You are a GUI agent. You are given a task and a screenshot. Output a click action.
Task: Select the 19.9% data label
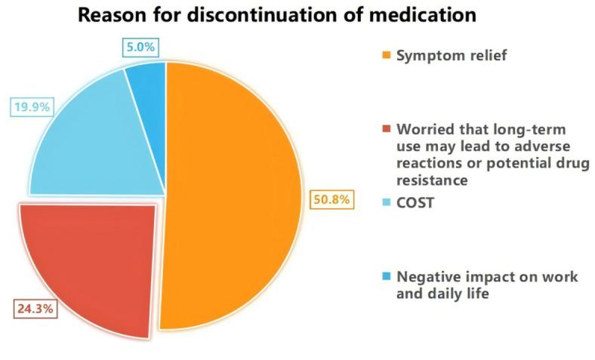tap(31, 106)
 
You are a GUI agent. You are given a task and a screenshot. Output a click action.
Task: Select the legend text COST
tap(415, 202)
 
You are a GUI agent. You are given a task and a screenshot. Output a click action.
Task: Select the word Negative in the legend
tap(427, 277)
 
